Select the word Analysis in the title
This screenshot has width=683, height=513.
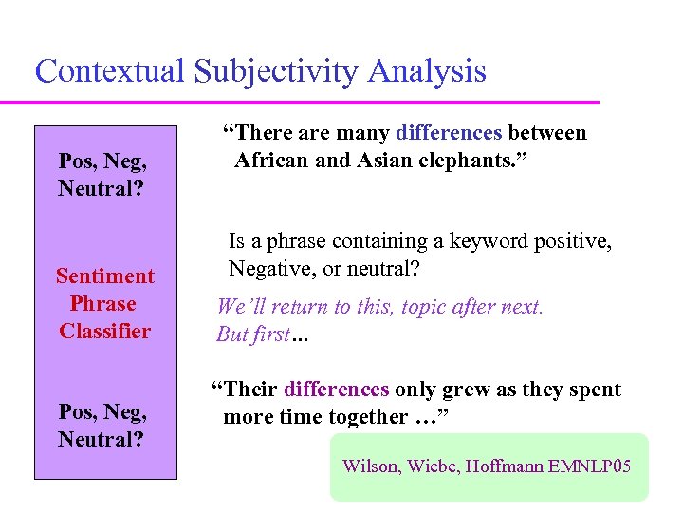[427, 71]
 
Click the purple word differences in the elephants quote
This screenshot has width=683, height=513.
[450, 133]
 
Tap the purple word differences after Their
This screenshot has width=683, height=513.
[336, 389]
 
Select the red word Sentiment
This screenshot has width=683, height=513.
[104, 276]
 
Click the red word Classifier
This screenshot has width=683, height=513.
[104, 332]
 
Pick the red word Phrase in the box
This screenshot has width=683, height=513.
[102, 304]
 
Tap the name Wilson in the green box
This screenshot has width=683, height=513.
[372, 466]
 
